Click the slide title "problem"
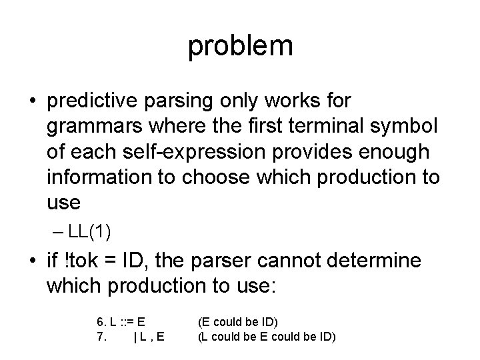click(x=240, y=45)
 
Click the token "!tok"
click(x=85, y=261)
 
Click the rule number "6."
click(x=101, y=323)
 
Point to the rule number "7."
click(x=101, y=337)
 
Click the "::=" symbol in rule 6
click(x=126, y=323)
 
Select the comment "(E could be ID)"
click(x=238, y=323)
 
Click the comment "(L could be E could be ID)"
click(x=267, y=337)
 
